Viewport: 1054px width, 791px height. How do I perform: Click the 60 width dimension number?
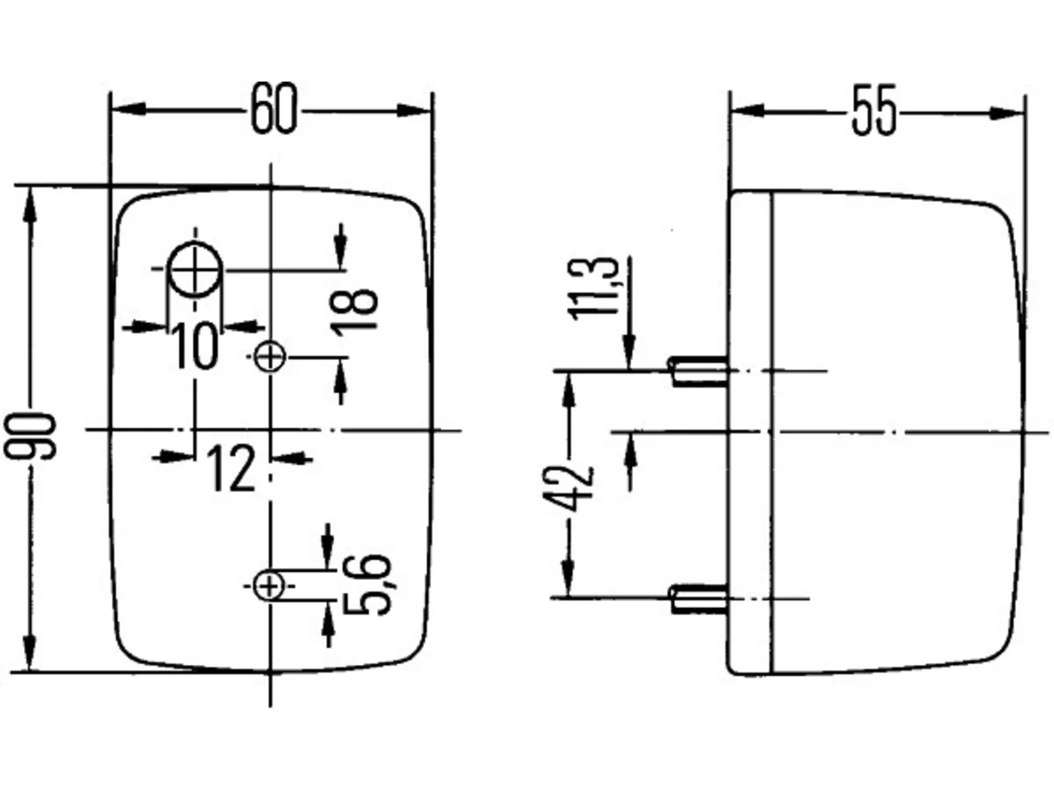(x=274, y=109)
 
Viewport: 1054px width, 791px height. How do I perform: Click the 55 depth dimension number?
(x=874, y=110)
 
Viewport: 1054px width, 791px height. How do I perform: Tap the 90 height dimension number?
(x=30, y=436)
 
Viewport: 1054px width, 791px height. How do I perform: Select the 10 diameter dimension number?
(x=194, y=345)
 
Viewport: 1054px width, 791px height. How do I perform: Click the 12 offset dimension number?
(x=231, y=467)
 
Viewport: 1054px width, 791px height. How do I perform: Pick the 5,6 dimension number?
(x=367, y=584)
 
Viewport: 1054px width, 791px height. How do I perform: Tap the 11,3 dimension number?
(x=594, y=288)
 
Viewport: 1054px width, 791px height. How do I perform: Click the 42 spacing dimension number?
(x=567, y=489)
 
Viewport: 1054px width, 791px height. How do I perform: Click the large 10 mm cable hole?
(x=195, y=270)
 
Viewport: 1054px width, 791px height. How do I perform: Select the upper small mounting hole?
(x=269, y=357)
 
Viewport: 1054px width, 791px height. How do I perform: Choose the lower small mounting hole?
(x=269, y=586)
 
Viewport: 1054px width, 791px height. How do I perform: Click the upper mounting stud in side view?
(x=699, y=371)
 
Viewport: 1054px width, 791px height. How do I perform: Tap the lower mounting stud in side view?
(x=699, y=599)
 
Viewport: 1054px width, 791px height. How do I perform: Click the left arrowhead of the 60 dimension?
(x=128, y=109)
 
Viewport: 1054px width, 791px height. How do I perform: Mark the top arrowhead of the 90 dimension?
(x=30, y=204)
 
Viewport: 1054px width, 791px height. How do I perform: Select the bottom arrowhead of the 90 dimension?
(x=30, y=653)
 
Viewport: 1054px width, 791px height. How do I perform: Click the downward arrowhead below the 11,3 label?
(x=629, y=353)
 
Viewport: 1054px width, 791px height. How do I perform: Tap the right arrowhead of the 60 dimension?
(x=414, y=110)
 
